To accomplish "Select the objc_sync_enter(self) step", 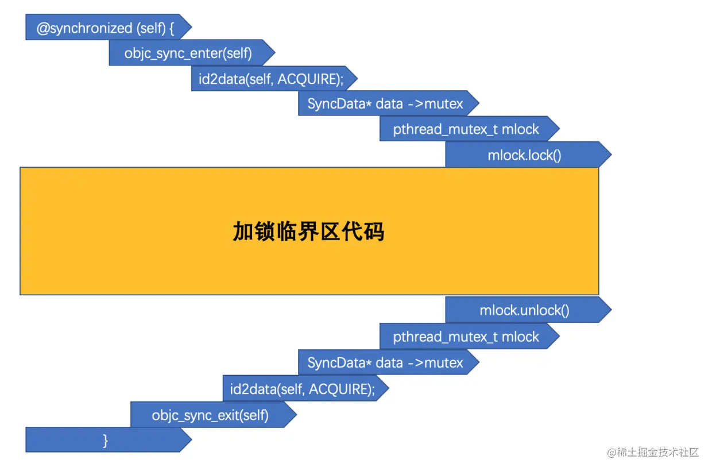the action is coord(188,53).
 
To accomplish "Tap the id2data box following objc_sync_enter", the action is coord(271,79).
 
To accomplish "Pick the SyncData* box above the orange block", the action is coord(385,104).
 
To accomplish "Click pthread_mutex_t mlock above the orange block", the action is coord(466,129).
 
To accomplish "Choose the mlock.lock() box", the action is coord(524,155).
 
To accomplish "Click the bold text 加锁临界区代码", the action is coord(308,231).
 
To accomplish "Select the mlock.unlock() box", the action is coord(524,311).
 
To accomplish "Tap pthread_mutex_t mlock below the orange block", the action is coord(466,337).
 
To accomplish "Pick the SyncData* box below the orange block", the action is coord(385,363).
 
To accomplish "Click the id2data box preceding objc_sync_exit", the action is coord(302,389).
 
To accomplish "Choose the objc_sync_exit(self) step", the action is coord(210,415).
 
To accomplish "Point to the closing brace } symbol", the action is coord(105,441).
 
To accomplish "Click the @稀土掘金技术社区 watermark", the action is coord(653,453).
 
